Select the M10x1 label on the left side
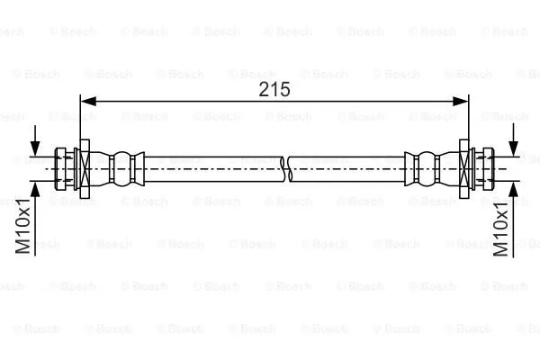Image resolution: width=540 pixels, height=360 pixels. click(x=26, y=230)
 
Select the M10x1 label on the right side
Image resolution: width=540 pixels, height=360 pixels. click(x=503, y=230)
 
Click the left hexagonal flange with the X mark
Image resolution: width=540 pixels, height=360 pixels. click(x=84, y=167)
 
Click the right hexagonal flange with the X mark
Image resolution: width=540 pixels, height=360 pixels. click(x=463, y=167)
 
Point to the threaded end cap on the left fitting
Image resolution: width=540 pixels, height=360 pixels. click(x=65, y=167)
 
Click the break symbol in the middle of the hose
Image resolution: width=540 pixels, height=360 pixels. click(x=283, y=167)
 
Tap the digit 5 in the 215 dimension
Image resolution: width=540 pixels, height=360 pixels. click(x=285, y=89)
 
